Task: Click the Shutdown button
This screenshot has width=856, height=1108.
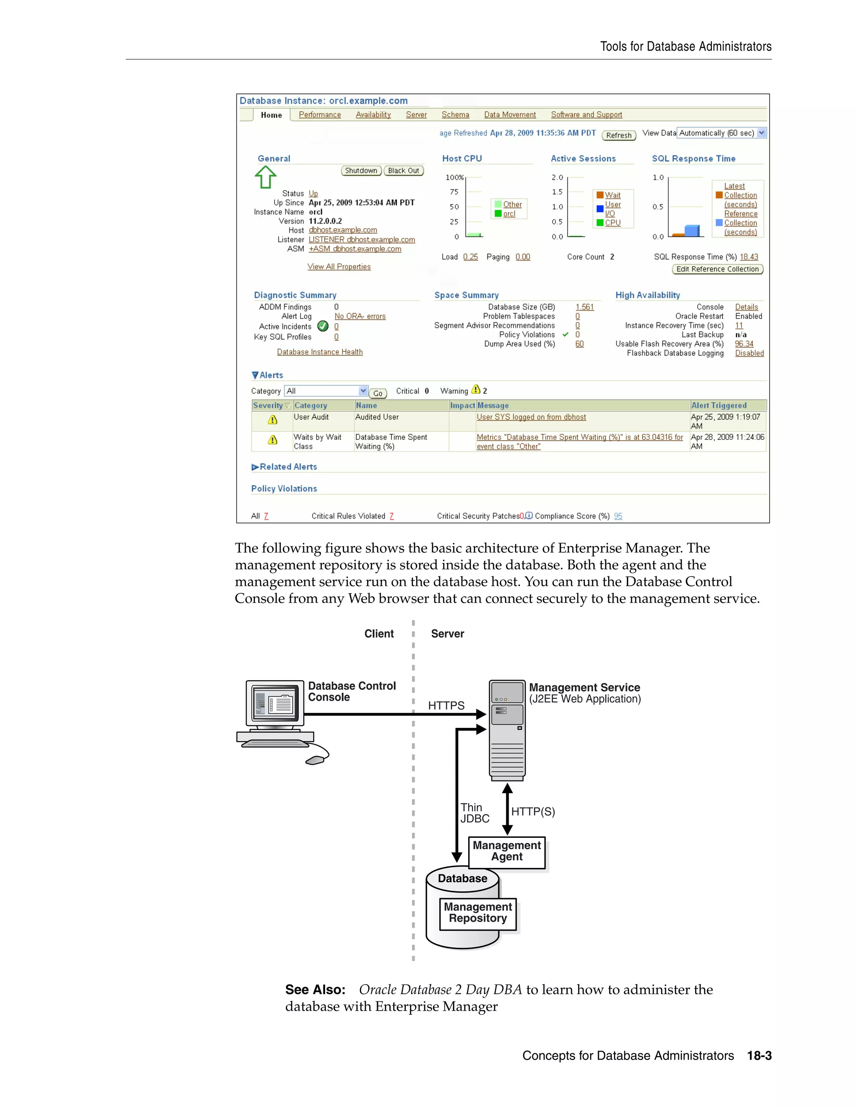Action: (361, 171)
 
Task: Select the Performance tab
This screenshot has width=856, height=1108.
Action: (319, 115)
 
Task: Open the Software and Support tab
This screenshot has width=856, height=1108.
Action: (586, 115)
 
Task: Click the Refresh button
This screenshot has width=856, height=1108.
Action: (619, 135)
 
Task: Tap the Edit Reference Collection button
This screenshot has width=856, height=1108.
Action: (717, 269)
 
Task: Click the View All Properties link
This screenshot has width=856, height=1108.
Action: (339, 267)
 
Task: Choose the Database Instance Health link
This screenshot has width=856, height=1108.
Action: (319, 352)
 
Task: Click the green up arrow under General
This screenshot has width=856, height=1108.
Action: (265, 178)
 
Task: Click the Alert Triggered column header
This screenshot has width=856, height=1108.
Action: (718, 405)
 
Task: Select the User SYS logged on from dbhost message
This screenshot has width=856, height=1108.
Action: (531, 417)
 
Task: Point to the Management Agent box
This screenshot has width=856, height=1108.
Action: (507, 851)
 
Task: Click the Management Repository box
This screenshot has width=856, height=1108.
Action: (478, 913)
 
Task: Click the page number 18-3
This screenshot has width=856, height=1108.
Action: (759, 1056)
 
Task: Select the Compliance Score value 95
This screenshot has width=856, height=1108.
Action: (618, 516)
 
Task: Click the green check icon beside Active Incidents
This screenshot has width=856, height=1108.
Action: (323, 326)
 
